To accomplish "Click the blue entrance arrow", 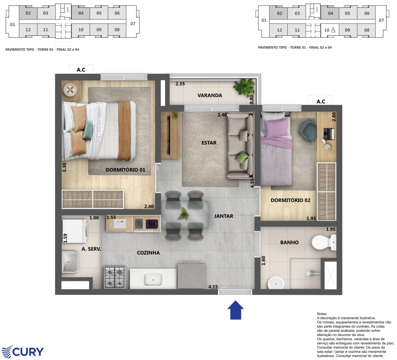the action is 235,310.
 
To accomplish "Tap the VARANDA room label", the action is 210,95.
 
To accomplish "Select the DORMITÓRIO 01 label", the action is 125,170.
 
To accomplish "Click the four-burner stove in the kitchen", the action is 114,277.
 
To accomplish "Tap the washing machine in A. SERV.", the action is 75,231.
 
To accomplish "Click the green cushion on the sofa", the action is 241,158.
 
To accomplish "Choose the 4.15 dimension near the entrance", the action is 213,287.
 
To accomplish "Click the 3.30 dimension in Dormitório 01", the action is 64,167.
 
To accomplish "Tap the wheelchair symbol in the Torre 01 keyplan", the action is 333,30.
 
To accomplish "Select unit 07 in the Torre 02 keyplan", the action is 133,24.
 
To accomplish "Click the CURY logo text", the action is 28,352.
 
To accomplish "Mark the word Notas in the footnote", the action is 322,314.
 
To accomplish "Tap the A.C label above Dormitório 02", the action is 321,102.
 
